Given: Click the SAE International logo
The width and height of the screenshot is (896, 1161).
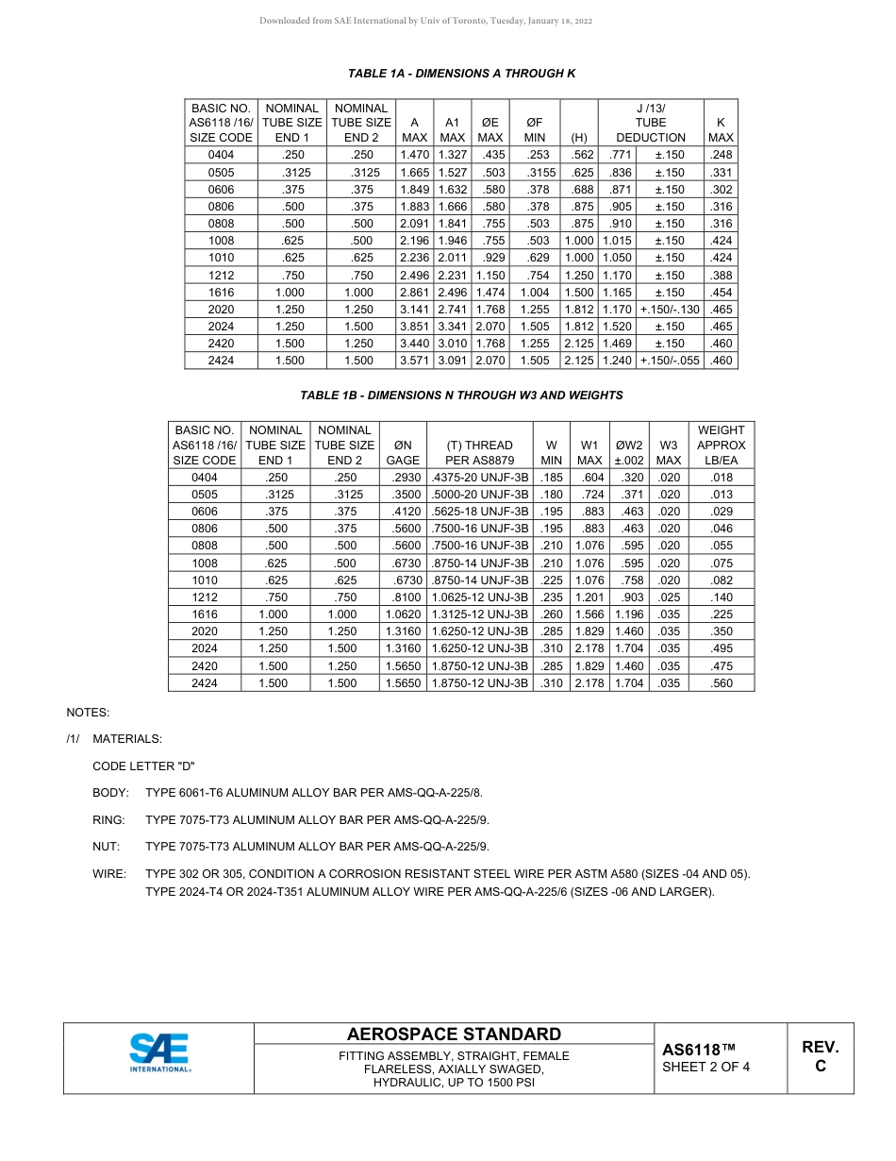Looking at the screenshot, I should pyautogui.click(x=159, y=1052).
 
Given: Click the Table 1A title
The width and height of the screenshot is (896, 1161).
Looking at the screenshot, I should pyautogui.click(x=461, y=74).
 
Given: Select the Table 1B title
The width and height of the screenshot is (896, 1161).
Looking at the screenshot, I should pyautogui.click(x=461, y=395).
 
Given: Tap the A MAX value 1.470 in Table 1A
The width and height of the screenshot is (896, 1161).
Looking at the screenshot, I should pyautogui.click(x=414, y=155).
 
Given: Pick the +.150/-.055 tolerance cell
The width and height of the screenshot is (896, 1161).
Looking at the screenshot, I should pyautogui.click(x=670, y=361).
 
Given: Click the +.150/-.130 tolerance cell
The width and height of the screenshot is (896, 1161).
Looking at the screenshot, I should pyautogui.click(x=670, y=310).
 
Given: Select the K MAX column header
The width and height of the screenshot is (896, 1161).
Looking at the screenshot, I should pyautogui.click(x=721, y=129).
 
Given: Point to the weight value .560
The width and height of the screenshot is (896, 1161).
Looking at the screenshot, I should pyautogui.click(x=722, y=683).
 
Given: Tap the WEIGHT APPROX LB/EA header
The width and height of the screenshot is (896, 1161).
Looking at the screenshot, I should pyautogui.click(x=722, y=445).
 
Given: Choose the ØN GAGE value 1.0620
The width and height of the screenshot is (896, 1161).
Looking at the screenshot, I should pyautogui.click(x=403, y=614).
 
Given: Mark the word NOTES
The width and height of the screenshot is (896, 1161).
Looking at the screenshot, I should pyautogui.click(x=88, y=713).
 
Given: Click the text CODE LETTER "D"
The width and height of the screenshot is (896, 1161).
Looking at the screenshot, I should pyautogui.click(x=143, y=766).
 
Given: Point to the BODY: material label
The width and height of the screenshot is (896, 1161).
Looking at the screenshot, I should pyautogui.click(x=110, y=793).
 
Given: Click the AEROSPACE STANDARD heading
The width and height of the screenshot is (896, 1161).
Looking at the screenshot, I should pyautogui.click(x=454, y=1035).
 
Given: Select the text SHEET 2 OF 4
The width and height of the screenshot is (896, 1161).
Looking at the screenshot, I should pyautogui.click(x=706, y=1068).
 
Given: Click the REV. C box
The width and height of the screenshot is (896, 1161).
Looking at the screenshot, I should pyautogui.click(x=820, y=1056).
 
